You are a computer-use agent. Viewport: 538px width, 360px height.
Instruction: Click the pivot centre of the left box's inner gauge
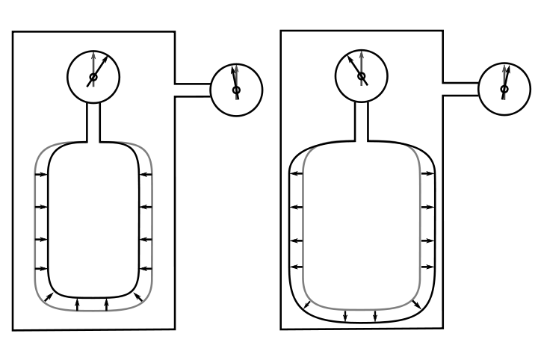[93, 77]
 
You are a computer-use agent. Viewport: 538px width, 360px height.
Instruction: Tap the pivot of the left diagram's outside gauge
[236, 90]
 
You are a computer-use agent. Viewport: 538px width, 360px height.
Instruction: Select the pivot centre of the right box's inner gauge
[362, 76]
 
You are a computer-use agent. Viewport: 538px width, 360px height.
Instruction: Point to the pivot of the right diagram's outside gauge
[504, 89]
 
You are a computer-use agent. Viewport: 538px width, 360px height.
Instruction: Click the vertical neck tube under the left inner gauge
[93, 121]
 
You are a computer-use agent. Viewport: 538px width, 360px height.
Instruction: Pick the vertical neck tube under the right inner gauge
[362, 120]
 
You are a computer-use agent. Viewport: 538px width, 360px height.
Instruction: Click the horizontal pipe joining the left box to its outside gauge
[193, 90]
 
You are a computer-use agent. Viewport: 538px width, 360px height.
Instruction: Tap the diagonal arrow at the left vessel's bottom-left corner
[48, 297]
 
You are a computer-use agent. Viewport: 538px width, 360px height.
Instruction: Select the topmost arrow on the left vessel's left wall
[41, 175]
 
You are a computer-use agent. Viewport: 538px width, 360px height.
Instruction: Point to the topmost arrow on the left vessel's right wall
[146, 175]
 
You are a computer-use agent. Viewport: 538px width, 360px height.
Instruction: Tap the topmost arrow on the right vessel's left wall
[297, 173]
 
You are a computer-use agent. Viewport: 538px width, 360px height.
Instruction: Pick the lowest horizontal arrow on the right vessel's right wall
[427, 267]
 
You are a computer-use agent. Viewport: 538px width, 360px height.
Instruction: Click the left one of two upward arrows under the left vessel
[78, 303]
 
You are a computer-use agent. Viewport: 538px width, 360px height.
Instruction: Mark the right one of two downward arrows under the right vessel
[375, 316]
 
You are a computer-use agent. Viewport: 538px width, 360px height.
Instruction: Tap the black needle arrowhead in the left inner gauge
[104, 58]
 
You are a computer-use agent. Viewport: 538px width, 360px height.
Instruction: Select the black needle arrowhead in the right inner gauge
[350, 58]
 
